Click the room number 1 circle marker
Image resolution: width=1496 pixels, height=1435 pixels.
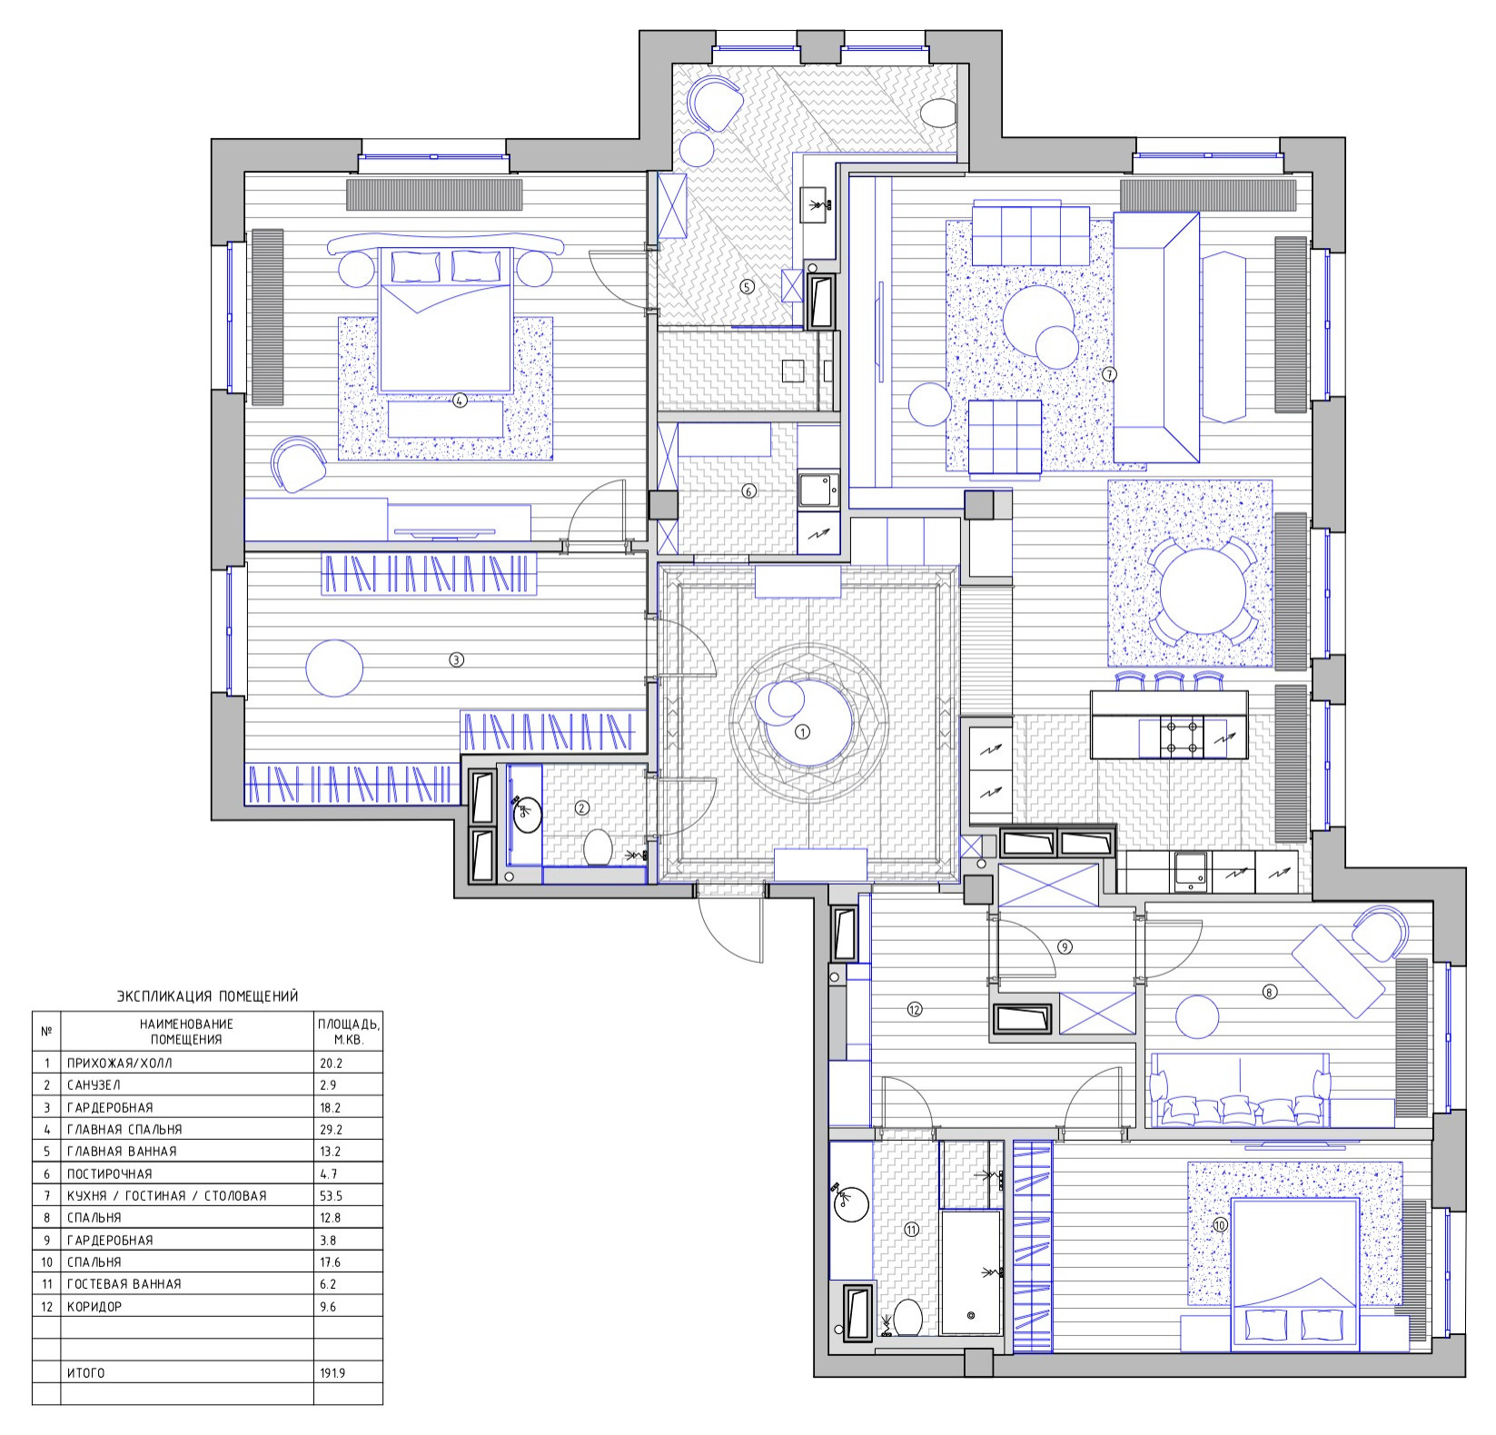801,731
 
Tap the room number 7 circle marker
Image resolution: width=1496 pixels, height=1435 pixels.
1109,373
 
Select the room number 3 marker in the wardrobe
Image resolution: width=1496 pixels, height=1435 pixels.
457,660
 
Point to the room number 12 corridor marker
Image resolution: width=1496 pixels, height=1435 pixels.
915,1008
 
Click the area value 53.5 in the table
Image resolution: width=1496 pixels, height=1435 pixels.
331,1195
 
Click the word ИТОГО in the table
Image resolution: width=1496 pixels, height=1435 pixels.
86,1373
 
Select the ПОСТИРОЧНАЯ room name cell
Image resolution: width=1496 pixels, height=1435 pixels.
110,1173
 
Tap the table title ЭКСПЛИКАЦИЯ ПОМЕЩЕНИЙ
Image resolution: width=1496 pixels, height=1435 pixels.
208,996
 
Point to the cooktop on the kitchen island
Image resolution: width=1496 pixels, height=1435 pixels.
1179,737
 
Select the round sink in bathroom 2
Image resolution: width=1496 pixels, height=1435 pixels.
527,814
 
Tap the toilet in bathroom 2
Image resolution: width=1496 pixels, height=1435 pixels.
597,847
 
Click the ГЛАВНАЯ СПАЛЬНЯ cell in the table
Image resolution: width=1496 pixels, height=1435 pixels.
124,1129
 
